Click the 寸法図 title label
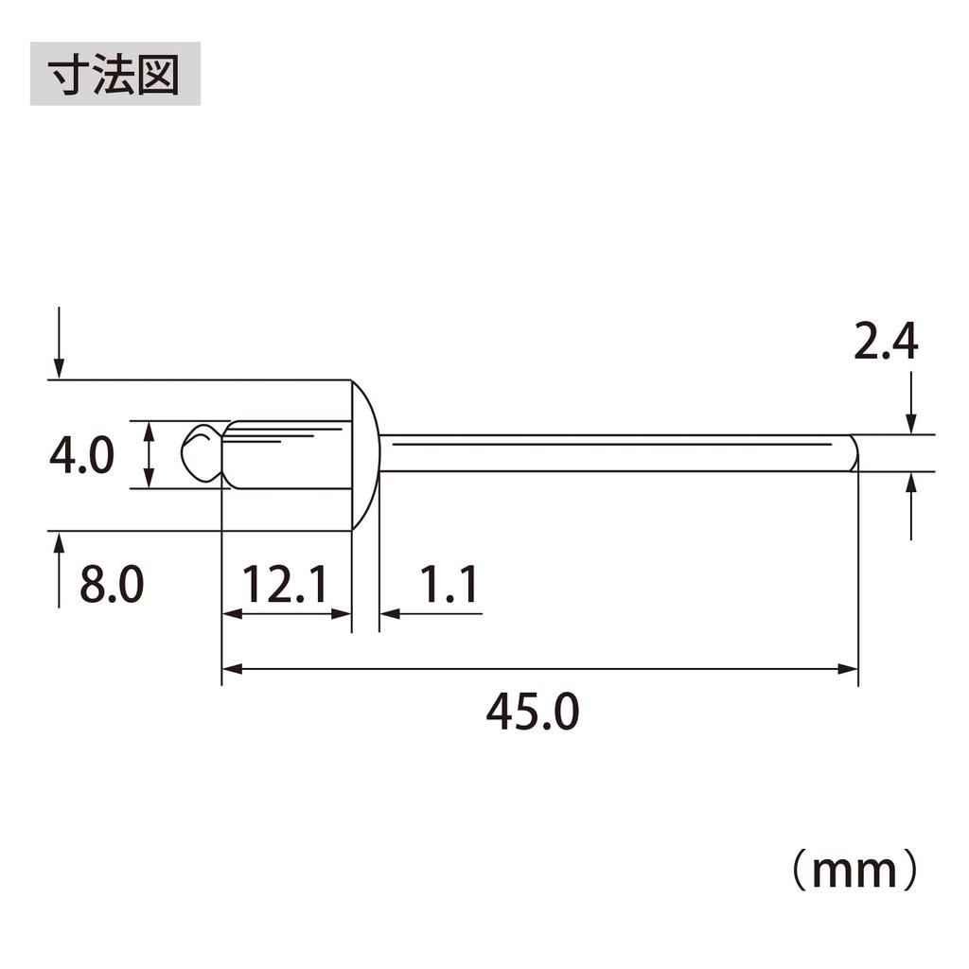click(x=115, y=73)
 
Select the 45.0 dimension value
click(x=532, y=713)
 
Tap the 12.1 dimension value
click(x=284, y=585)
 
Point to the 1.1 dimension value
click(x=447, y=585)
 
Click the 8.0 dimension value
click(x=111, y=585)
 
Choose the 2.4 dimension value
click(x=886, y=343)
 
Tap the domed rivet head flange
click(x=365, y=455)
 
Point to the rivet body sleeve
click(x=289, y=455)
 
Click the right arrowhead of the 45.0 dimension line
click(x=849, y=669)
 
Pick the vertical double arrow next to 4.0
click(x=150, y=455)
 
